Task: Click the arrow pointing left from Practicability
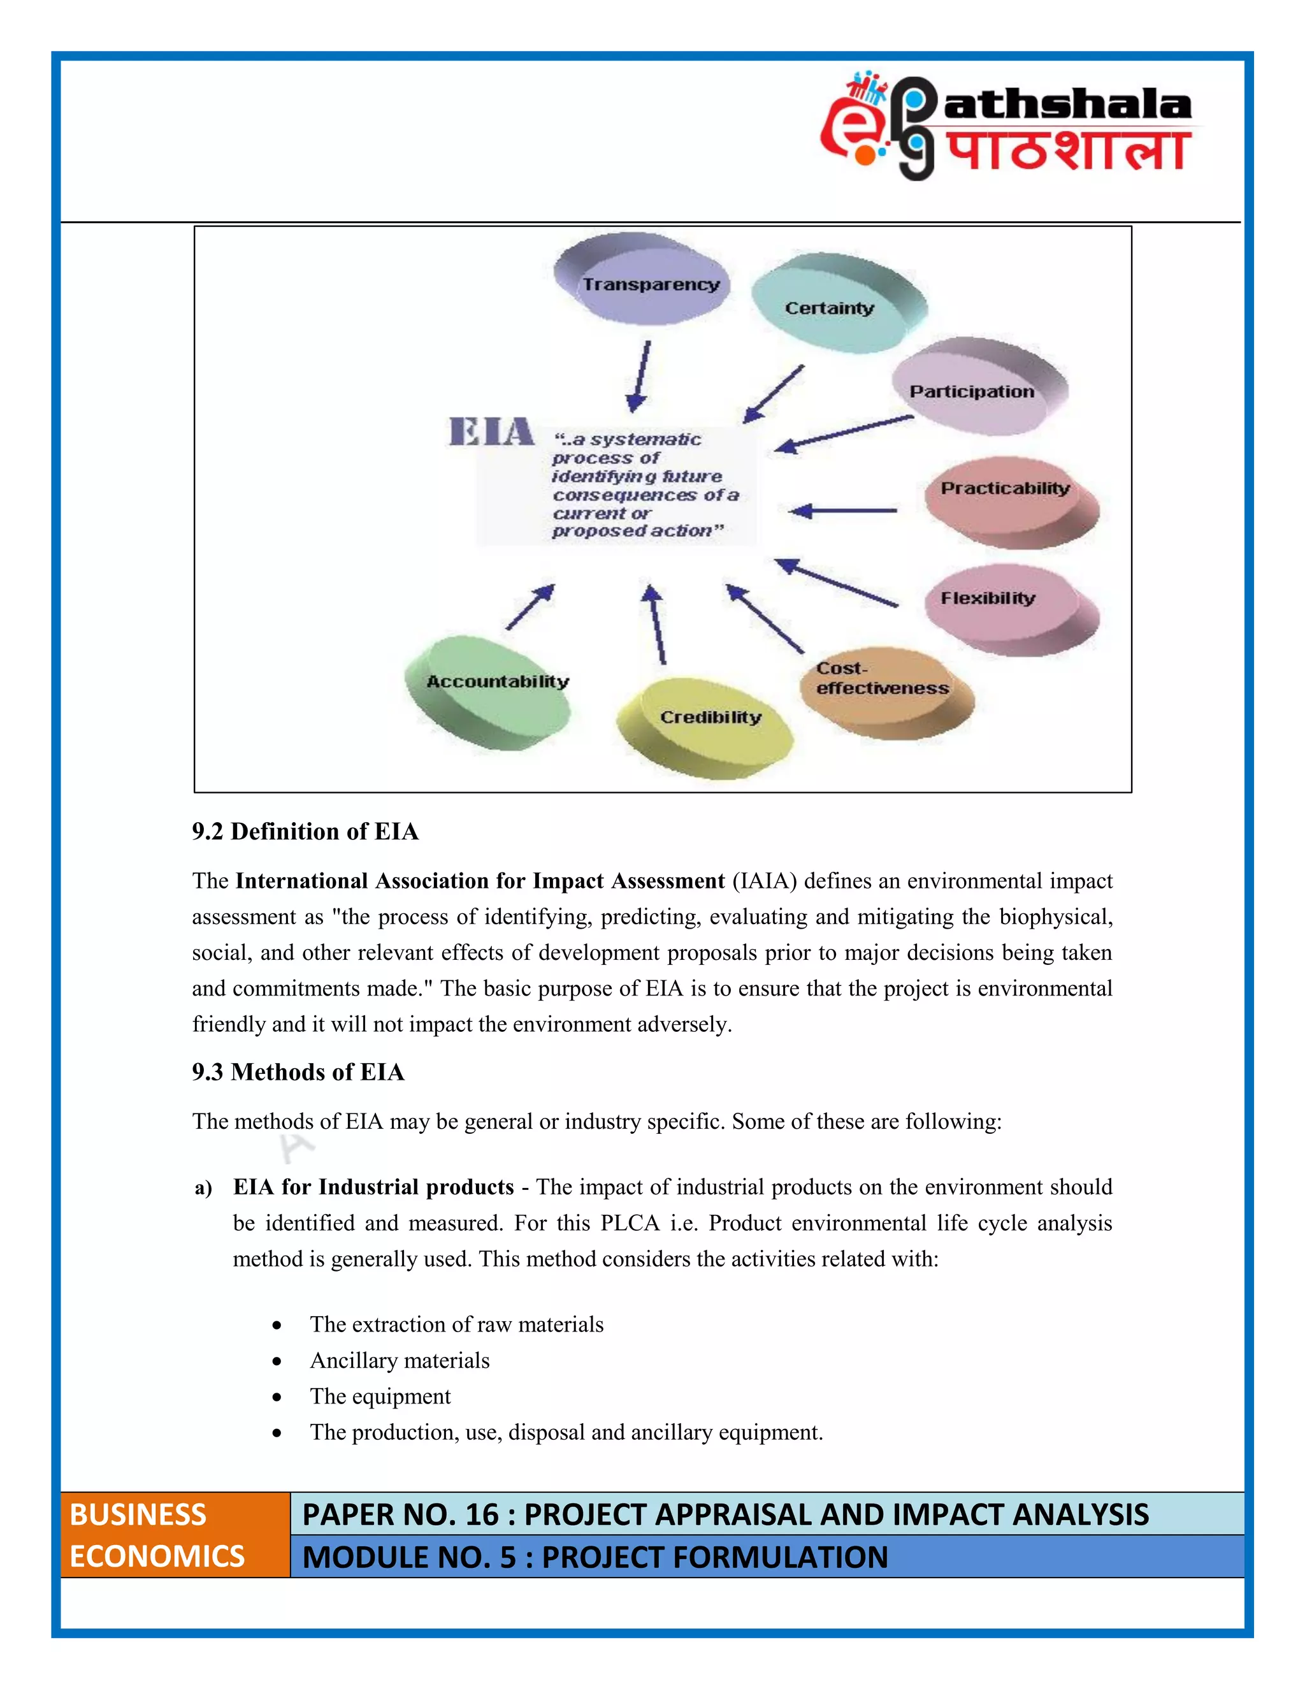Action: coord(842,511)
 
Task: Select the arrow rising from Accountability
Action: coord(530,606)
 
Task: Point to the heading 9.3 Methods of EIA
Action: coord(298,1072)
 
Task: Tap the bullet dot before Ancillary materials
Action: coord(277,1361)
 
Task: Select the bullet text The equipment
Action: coord(380,1396)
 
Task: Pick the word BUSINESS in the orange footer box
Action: coord(138,1514)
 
